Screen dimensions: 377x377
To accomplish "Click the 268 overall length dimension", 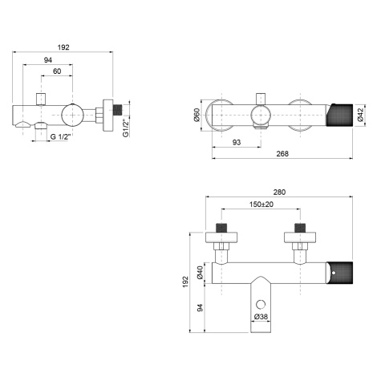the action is coord(282,153).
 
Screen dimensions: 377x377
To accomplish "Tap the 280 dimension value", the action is coord(279,192).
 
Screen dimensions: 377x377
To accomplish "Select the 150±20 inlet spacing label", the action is coord(261,205).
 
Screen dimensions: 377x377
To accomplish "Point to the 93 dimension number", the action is coord(237,142).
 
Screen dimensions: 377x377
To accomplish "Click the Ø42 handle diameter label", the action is coord(360,114).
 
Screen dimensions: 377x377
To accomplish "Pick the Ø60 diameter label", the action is coord(197,115).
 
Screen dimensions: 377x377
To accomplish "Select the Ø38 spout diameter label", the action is coord(261,317).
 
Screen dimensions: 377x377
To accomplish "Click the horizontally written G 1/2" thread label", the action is coord(60,136).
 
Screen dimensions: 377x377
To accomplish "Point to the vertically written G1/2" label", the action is coord(126,128).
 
